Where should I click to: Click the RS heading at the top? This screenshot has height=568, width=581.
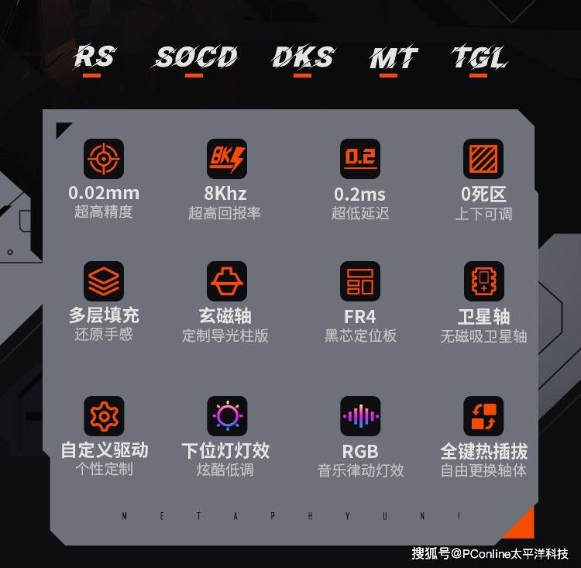pos(95,57)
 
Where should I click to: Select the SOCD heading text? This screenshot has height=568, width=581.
pos(194,57)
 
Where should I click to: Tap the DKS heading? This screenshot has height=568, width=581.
pos(303,57)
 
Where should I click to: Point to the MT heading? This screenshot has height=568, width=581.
pos(393,57)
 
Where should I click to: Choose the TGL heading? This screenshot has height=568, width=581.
pos(478,57)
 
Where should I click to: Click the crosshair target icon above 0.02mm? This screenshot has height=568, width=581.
pos(103,159)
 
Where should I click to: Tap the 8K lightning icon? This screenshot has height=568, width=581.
pos(227,159)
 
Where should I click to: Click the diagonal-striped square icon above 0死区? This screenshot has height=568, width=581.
pos(483,159)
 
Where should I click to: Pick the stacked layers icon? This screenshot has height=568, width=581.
pos(103,281)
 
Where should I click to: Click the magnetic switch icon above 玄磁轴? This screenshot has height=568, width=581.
pos(227,281)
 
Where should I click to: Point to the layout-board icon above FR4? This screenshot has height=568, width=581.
pos(360,281)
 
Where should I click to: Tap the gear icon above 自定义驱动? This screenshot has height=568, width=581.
pos(103,417)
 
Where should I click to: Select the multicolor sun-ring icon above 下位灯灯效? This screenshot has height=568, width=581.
pos(227,417)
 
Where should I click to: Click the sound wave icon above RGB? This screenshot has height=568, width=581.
pos(360,417)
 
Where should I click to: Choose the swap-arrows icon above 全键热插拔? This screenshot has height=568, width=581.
pos(483,417)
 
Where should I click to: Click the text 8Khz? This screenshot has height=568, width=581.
pos(227,194)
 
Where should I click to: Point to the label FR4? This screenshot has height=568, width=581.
pos(360,317)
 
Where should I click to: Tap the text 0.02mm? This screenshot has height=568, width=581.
pos(103,194)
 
